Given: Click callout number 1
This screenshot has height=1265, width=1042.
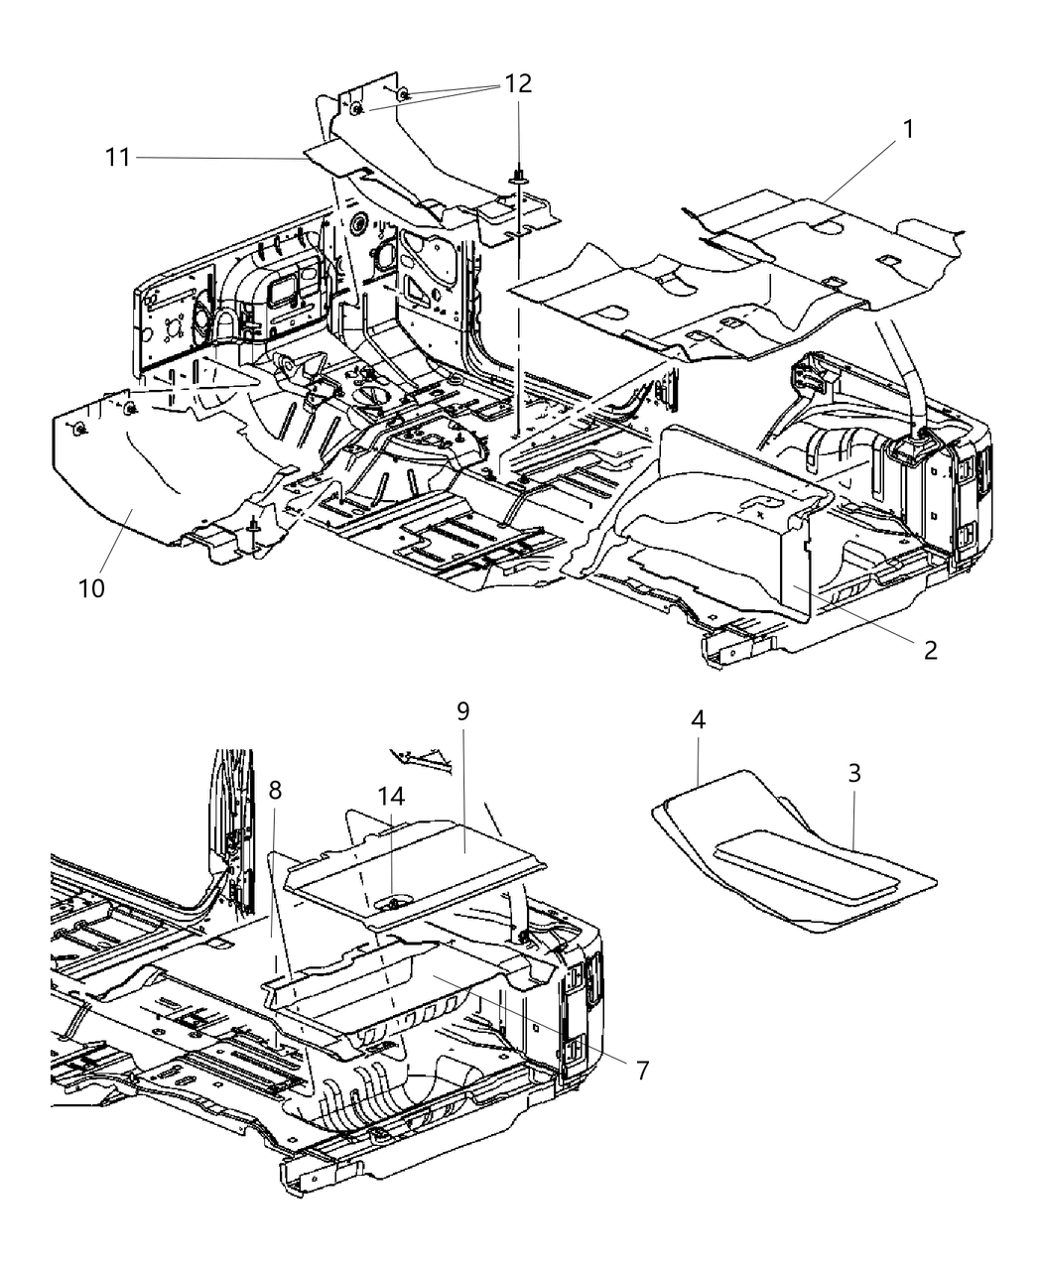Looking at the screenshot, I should pyautogui.click(x=907, y=130).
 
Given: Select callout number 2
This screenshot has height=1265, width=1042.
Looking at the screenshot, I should pyautogui.click(x=929, y=650).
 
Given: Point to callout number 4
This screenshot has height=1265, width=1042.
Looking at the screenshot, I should pyautogui.click(x=699, y=721).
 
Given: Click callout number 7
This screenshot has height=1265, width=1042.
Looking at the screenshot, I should pyautogui.click(x=642, y=1071).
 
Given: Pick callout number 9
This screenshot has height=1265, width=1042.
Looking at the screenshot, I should pyautogui.click(x=462, y=712).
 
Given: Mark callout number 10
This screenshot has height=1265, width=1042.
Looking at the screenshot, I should pyautogui.click(x=93, y=587).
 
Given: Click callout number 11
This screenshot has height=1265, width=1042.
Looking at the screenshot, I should pyautogui.click(x=119, y=156).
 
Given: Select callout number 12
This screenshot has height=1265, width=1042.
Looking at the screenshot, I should pyautogui.click(x=518, y=84).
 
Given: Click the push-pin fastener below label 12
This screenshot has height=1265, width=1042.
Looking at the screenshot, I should pyautogui.click(x=519, y=179).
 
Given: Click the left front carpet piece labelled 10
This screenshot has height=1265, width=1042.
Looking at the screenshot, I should pyautogui.click(x=149, y=476).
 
